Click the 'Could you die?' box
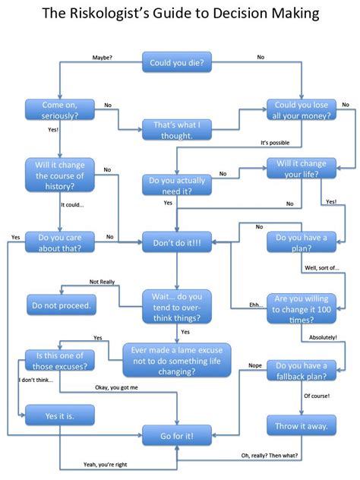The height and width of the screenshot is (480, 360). point(177,62)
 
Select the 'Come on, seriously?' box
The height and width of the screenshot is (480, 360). point(60,109)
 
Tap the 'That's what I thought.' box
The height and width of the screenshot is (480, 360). point(178,129)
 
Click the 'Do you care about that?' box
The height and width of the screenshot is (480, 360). point(60,242)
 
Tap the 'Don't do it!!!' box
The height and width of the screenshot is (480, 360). point(178,242)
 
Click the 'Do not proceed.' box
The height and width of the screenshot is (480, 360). point(60,307)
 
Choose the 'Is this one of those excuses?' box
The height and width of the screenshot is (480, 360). point(60,360)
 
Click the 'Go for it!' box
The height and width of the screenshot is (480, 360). point(178,435)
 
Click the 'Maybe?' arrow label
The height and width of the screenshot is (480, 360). point(103,57)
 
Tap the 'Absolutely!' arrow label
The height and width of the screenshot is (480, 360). point(323,336)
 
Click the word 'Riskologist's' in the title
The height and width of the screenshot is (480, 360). point(122,14)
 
